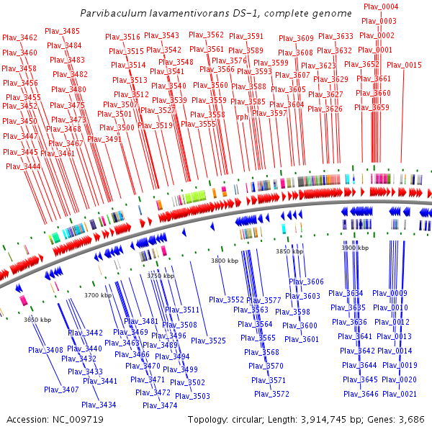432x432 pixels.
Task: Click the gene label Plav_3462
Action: click(20, 38)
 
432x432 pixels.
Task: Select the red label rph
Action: click(242, 117)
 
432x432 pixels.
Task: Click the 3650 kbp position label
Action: click(37, 319)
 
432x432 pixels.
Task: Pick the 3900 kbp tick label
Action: click(355, 248)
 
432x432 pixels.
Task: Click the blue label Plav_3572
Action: click(271, 394)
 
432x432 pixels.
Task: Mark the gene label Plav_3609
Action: click(296, 39)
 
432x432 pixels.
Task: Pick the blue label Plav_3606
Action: click(306, 282)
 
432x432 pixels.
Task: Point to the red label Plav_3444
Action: click(23, 166)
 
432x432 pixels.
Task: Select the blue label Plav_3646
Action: click(361, 394)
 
